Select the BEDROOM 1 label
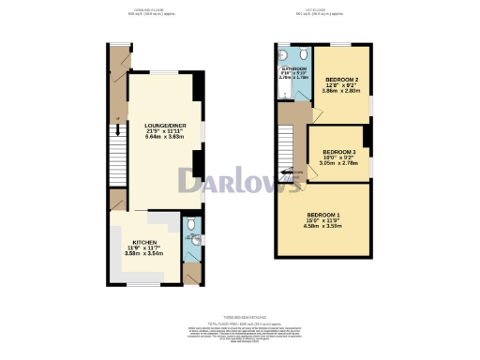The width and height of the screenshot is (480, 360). [x=322, y=217]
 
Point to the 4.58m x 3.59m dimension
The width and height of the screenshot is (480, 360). [x=322, y=227]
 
